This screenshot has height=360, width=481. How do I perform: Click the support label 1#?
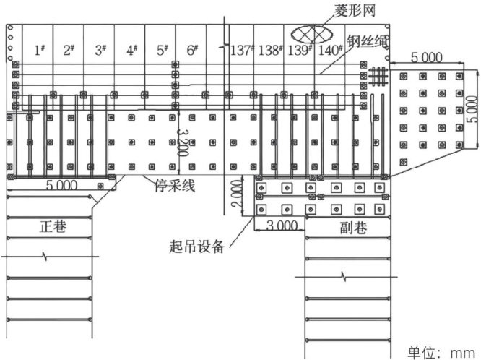(x=40, y=51)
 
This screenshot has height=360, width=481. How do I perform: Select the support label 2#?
(x=70, y=51)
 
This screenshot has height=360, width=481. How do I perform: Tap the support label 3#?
(x=100, y=51)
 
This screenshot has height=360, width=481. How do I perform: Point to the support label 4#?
(x=131, y=51)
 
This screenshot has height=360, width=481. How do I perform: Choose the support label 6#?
(x=192, y=51)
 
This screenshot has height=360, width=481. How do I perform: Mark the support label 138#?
(x=270, y=51)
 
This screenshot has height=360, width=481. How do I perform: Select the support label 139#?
(x=300, y=51)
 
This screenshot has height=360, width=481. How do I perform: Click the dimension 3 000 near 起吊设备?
(x=280, y=226)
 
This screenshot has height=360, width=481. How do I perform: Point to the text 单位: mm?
(x=440, y=351)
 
